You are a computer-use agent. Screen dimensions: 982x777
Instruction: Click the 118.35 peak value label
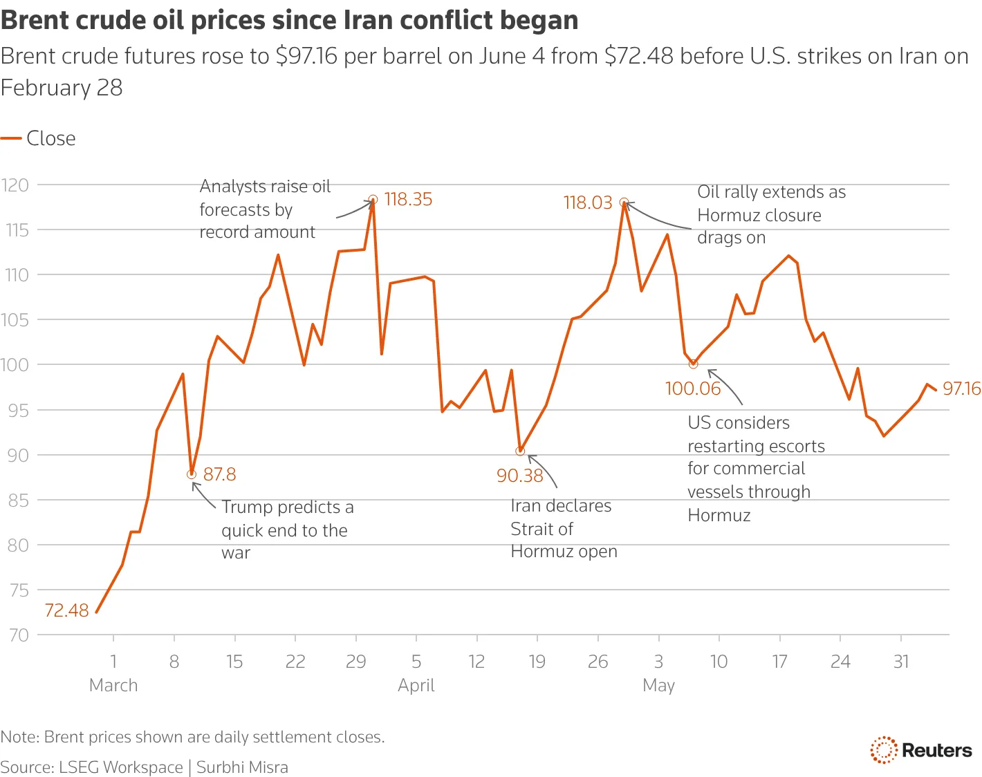[x=408, y=199]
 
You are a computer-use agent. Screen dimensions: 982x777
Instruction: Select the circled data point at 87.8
[x=192, y=474]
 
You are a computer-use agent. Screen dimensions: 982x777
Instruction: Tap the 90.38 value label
[x=520, y=476]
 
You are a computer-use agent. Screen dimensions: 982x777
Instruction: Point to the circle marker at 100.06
[x=693, y=364]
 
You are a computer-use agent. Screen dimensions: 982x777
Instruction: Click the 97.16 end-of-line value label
[x=961, y=388]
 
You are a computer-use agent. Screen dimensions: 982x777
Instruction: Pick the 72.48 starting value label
[x=66, y=610]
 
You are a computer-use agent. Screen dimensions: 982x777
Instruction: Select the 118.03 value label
[x=588, y=203]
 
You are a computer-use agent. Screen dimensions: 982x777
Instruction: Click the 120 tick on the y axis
[x=15, y=185]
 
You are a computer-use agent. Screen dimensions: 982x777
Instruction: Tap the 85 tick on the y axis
[x=18, y=500]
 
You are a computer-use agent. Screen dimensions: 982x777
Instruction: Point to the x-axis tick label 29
[x=356, y=662]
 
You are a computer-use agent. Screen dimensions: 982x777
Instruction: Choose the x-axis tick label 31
[x=901, y=662]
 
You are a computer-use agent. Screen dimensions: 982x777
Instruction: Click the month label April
[x=416, y=685]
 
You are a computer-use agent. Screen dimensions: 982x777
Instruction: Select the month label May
[x=658, y=685]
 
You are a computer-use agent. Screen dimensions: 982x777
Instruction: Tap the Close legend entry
[x=38, y=138]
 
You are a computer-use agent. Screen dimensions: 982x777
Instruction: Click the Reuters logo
[x=921, y=749]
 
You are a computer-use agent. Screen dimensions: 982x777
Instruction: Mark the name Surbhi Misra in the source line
[x=242, y=767]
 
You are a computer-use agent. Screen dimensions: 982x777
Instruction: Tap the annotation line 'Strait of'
[x=541, y=530]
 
